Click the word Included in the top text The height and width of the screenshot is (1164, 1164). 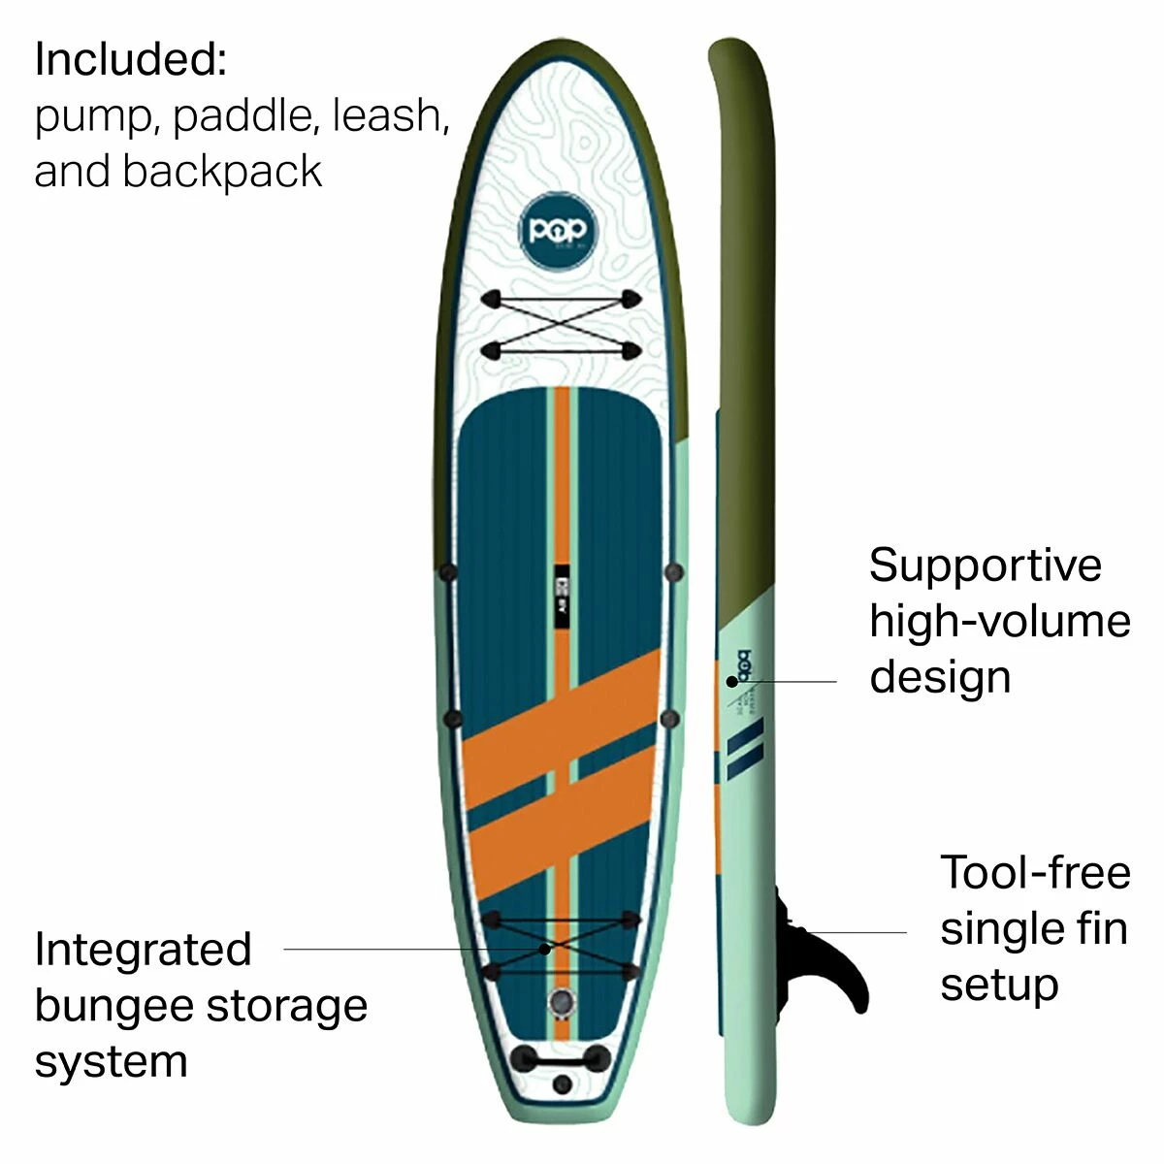[129, 59]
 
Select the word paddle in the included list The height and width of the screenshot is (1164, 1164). [243, 116]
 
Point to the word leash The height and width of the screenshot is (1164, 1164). [391, 115]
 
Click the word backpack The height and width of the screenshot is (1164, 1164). [221, 173]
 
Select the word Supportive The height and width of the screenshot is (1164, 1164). [985, 566]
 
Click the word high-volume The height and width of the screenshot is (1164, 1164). [999, 622]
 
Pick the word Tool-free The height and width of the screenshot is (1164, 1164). [1035, 872]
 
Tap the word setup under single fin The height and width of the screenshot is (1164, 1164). [998, 985]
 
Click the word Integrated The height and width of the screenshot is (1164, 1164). [143, 950]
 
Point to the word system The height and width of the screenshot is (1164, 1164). [111, 1061]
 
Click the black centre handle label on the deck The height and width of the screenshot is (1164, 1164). [560, 596]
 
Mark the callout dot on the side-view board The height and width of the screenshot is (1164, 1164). [731, 681]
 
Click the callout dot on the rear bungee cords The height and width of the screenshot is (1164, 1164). [546, 949]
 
